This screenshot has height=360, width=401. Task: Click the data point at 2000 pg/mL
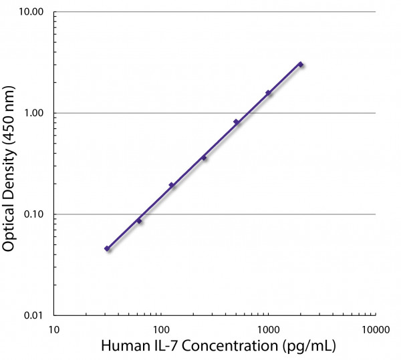pyautogui.click(x=301, y=65)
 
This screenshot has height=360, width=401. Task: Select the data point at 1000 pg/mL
pyautogui.click(x=268, y=93)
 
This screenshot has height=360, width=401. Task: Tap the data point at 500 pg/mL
pyautogui.click(x=236, y=122)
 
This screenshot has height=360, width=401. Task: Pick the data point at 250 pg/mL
pyautogui.click(x=204, y=158)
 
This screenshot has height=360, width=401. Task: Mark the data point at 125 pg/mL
pyautogui.click(x=171, y=185)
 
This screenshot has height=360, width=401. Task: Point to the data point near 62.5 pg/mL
pyautogui.click(x=139, y=220)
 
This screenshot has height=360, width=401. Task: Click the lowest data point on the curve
pyautogui.click(x=107, y=248)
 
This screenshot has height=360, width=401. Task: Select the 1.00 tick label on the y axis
pyautogui.click(x=32, y=114)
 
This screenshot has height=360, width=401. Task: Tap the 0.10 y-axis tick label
pyautogui.click(x=32, y=214)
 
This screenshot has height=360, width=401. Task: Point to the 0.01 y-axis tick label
pyautogui.click(x=32, y=315)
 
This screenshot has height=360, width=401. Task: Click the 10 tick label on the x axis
pyautogui.click(x=54, y=329)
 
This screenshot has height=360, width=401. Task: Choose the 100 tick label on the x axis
pyautogui.click(x=161, y=329)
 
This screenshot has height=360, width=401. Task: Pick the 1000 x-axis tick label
pyautogui.click(x=268, y=329)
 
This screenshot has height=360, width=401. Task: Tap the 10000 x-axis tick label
pyautogui.click(x=375, y=329)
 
